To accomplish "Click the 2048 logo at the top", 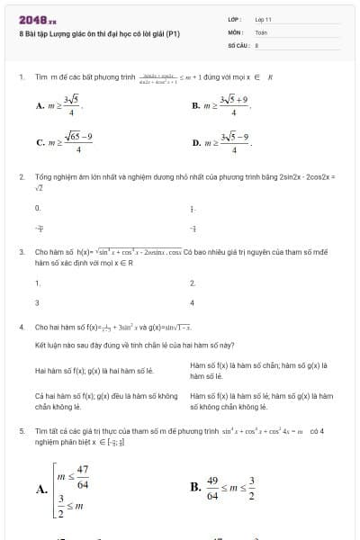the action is pyautogui.click(x=37, y=19).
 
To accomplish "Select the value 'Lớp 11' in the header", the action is pyautogui.click(x=264, y=19).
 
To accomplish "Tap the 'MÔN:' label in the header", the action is pyautogui.click(x=236, y=31).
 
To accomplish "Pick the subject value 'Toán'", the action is pyautogui.click(x=262, y=31).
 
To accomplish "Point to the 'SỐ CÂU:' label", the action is pyautogui.click(x=238, y=43).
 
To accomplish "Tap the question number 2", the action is pyautogui.click(x=21, y=177).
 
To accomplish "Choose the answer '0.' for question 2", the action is pyautogui.click(x=38, y=208).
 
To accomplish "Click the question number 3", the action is pyautogui.click(x=21, y=252).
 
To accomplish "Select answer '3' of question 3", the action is pyautogui.click(x=37, y=302).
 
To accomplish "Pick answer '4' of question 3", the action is pyautogui.click(x=192, y=302).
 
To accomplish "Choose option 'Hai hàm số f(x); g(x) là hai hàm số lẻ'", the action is pyautogui.click(x=94, y=370).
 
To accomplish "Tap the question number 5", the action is pyautogui.click(x=21, y=432).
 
